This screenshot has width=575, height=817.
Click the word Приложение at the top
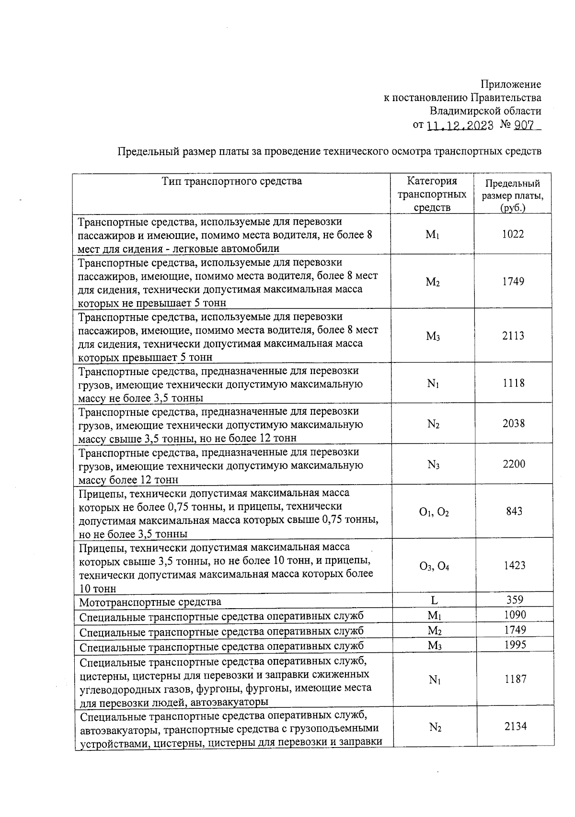511,85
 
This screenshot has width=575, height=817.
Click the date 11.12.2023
460,125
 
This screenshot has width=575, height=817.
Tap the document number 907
526,125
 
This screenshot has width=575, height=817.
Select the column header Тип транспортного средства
232,181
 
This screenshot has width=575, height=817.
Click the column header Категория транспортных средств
432,194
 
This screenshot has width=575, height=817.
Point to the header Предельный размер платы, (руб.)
513,195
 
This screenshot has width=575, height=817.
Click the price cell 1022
513,234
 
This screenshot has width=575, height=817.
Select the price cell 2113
513,336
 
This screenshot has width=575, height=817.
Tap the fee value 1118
513,383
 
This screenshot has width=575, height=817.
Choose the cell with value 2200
514,464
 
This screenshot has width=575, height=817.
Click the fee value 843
514,511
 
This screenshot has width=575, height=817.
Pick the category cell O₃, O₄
434,567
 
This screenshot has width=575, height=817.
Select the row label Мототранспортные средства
150,602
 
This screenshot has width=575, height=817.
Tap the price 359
515,600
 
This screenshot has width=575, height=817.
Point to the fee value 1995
515,645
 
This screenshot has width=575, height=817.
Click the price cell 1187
515,679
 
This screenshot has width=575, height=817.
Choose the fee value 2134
516,726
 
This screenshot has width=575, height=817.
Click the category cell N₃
434,465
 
